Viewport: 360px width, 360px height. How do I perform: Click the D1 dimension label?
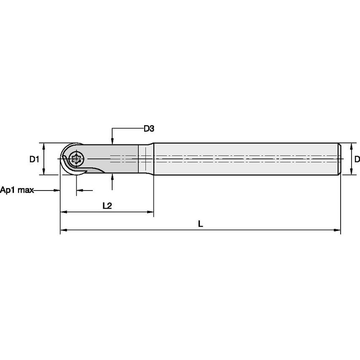34,159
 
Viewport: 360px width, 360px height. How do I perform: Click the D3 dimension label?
148,129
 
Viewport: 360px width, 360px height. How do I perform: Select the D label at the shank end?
357,159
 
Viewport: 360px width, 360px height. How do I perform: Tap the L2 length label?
107,206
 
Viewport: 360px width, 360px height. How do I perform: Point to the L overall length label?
201,224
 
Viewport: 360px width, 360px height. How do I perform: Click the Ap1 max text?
17,191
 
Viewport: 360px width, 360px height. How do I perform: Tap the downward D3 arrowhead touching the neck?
112,141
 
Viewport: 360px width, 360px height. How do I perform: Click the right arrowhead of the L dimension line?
337,230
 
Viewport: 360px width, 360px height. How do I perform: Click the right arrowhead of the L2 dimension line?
150,212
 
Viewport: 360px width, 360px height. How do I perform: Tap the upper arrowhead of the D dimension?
352,146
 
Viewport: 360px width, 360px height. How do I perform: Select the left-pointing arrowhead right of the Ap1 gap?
79,191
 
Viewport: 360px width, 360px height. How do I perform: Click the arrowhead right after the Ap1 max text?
57,191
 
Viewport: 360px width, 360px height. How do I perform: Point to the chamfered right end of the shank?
340,159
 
